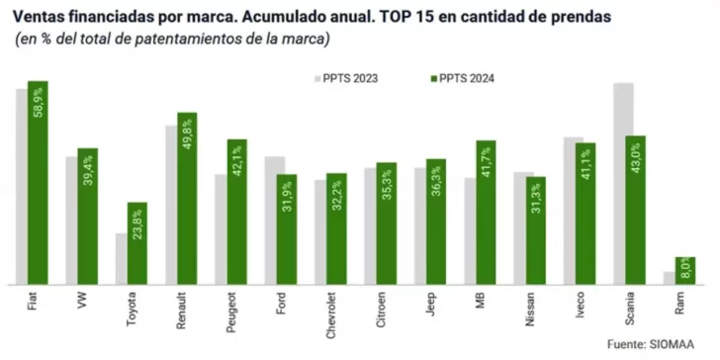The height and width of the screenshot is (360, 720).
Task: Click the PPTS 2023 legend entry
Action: coord(345,78)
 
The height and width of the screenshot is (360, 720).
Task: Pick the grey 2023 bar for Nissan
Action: coord(524,227)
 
